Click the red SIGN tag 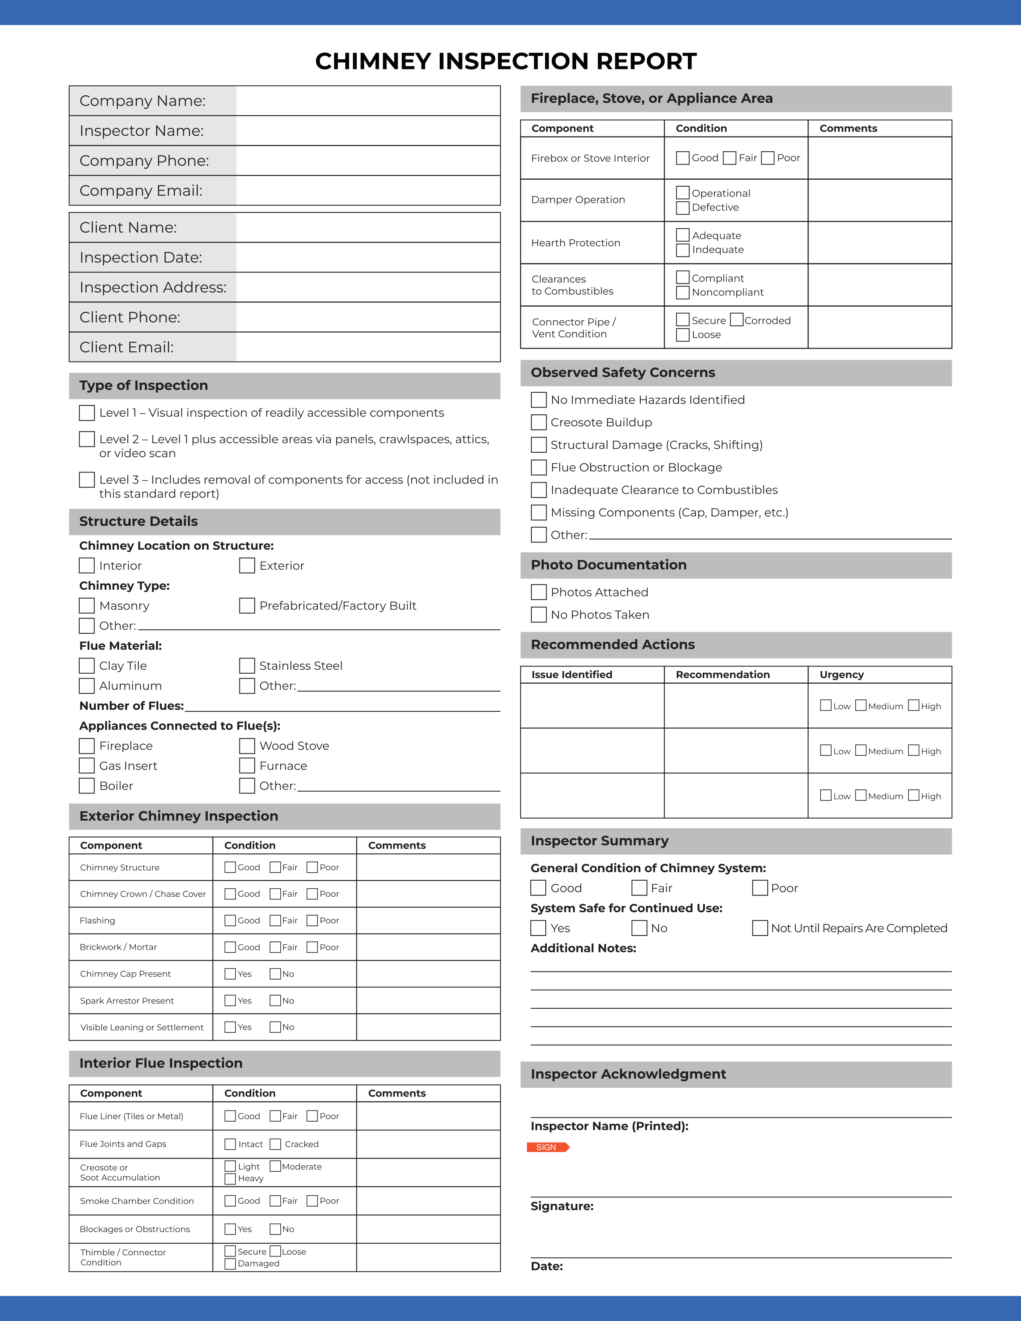[x=547, y=1147]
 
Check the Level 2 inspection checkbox [x=87, y=439]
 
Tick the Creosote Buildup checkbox [x=538, y=422]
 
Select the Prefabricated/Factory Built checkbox [x=247, y=605]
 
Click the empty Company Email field [x=368, y=191]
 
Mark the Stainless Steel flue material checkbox [x=247, y=665]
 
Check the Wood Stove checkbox [x=247, y=746]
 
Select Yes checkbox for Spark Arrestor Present [x=230, y=1000]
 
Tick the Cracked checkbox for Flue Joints [x=275, y=1144]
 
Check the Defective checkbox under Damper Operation [x=683, y=207]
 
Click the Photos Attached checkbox [x=538, y=592]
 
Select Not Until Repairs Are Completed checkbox [x=760, y=928]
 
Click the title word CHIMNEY [x=373, y=61]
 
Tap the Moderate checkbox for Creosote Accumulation [x=275, y=1166]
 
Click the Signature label [x=562, y=1206]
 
